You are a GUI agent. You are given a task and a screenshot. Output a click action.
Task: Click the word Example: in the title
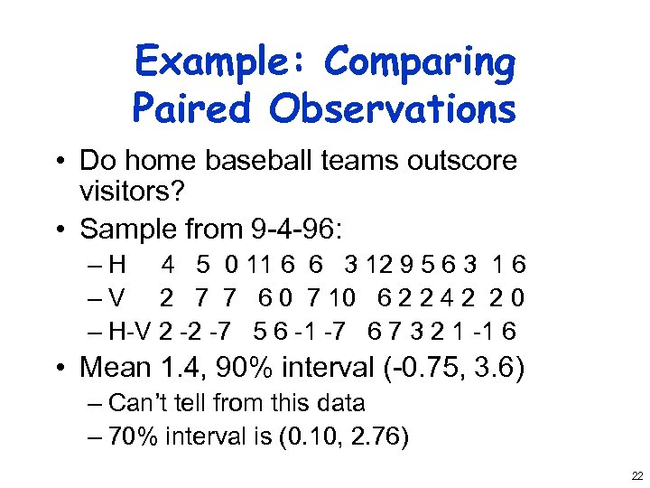222,63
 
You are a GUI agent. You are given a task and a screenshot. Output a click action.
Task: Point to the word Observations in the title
392,109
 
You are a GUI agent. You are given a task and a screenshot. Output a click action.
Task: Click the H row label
116,266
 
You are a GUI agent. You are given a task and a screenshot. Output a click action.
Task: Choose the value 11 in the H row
260,266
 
